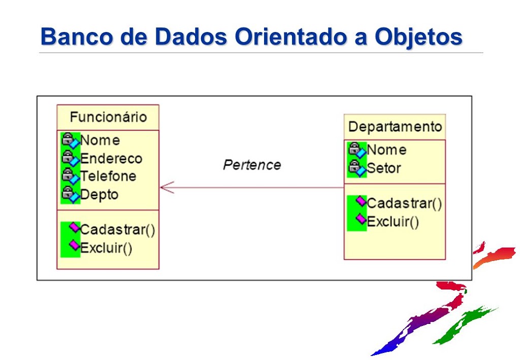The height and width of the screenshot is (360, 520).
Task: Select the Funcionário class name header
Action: pyautogui.click(x=108, y=117)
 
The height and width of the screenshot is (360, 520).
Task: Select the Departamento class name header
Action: pyautogui.click(x=395, y=126)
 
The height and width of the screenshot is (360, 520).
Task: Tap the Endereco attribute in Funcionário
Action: pyautogui.click(x=111, y=158)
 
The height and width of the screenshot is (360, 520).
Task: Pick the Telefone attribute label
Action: pyautogui.click(x=108, y=176)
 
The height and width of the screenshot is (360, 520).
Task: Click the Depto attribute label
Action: pyautogui.click(x=99, y=194)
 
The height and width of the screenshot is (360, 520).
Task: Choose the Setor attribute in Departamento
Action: pyautogui.click(x=384, y=168)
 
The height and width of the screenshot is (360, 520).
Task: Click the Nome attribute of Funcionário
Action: pyautogui.click(x=100, y=140)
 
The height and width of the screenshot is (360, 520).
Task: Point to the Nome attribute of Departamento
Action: pyautogui.click(x=386, y=150)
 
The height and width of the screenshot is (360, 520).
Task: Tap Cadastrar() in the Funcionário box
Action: pyautogui.click(x=117, y=230)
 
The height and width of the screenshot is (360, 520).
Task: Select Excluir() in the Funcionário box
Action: pyautogui.click(x=106, y=248)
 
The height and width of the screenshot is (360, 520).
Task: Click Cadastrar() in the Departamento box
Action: pyautogui.click(x=404, y=203)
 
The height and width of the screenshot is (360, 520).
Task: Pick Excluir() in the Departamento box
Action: pyautogui.click(x=393, y=221)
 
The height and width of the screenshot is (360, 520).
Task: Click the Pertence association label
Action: pyautogui.click(x=252, y=165)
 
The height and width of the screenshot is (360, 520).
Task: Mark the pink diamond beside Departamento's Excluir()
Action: pyautogui.click(x=361, y=219)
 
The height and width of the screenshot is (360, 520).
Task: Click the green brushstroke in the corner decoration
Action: pyautogui.click(x=464, y=325)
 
